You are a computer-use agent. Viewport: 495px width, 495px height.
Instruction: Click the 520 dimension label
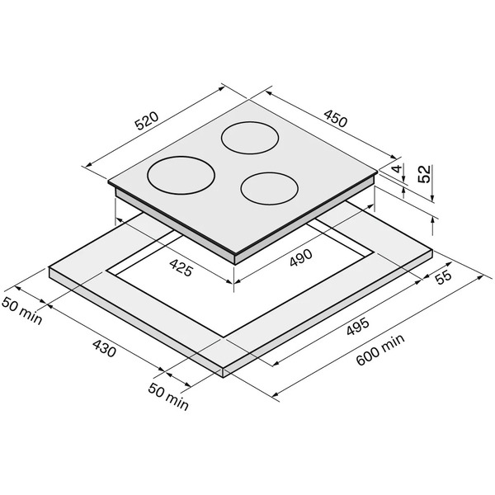click(x=147, y=121)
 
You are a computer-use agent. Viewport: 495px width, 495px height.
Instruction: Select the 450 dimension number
click(x=336, y=118)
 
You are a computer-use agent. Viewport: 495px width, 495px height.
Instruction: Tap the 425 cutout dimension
click(x=181, y=267)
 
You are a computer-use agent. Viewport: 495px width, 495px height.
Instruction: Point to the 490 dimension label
click(x=300, y=257)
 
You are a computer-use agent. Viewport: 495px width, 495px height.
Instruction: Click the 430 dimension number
click(x=104, y=348)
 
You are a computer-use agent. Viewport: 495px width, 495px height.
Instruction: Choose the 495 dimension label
click(x=358, y=326)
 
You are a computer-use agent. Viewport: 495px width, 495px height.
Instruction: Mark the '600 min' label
click(x=380, y=350)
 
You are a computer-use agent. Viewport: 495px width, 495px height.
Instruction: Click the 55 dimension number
click(x=444, y=277)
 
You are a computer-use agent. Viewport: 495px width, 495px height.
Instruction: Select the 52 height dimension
click(x=424, y=174)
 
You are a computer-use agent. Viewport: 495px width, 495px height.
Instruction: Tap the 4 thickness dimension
click(x=398, y=168)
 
